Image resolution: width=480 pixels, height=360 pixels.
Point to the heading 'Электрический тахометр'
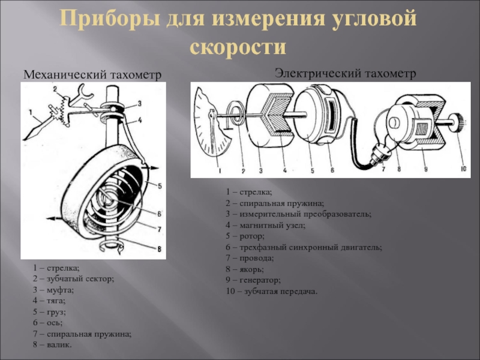tap(345, 73)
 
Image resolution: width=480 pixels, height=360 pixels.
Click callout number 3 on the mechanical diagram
tap(139, 103)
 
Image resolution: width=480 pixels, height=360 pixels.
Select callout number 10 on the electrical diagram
tap(463, 169)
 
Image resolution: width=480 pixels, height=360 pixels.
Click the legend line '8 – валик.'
tap(52, 344)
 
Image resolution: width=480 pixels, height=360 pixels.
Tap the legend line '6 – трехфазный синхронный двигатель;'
tap(304, 247)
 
